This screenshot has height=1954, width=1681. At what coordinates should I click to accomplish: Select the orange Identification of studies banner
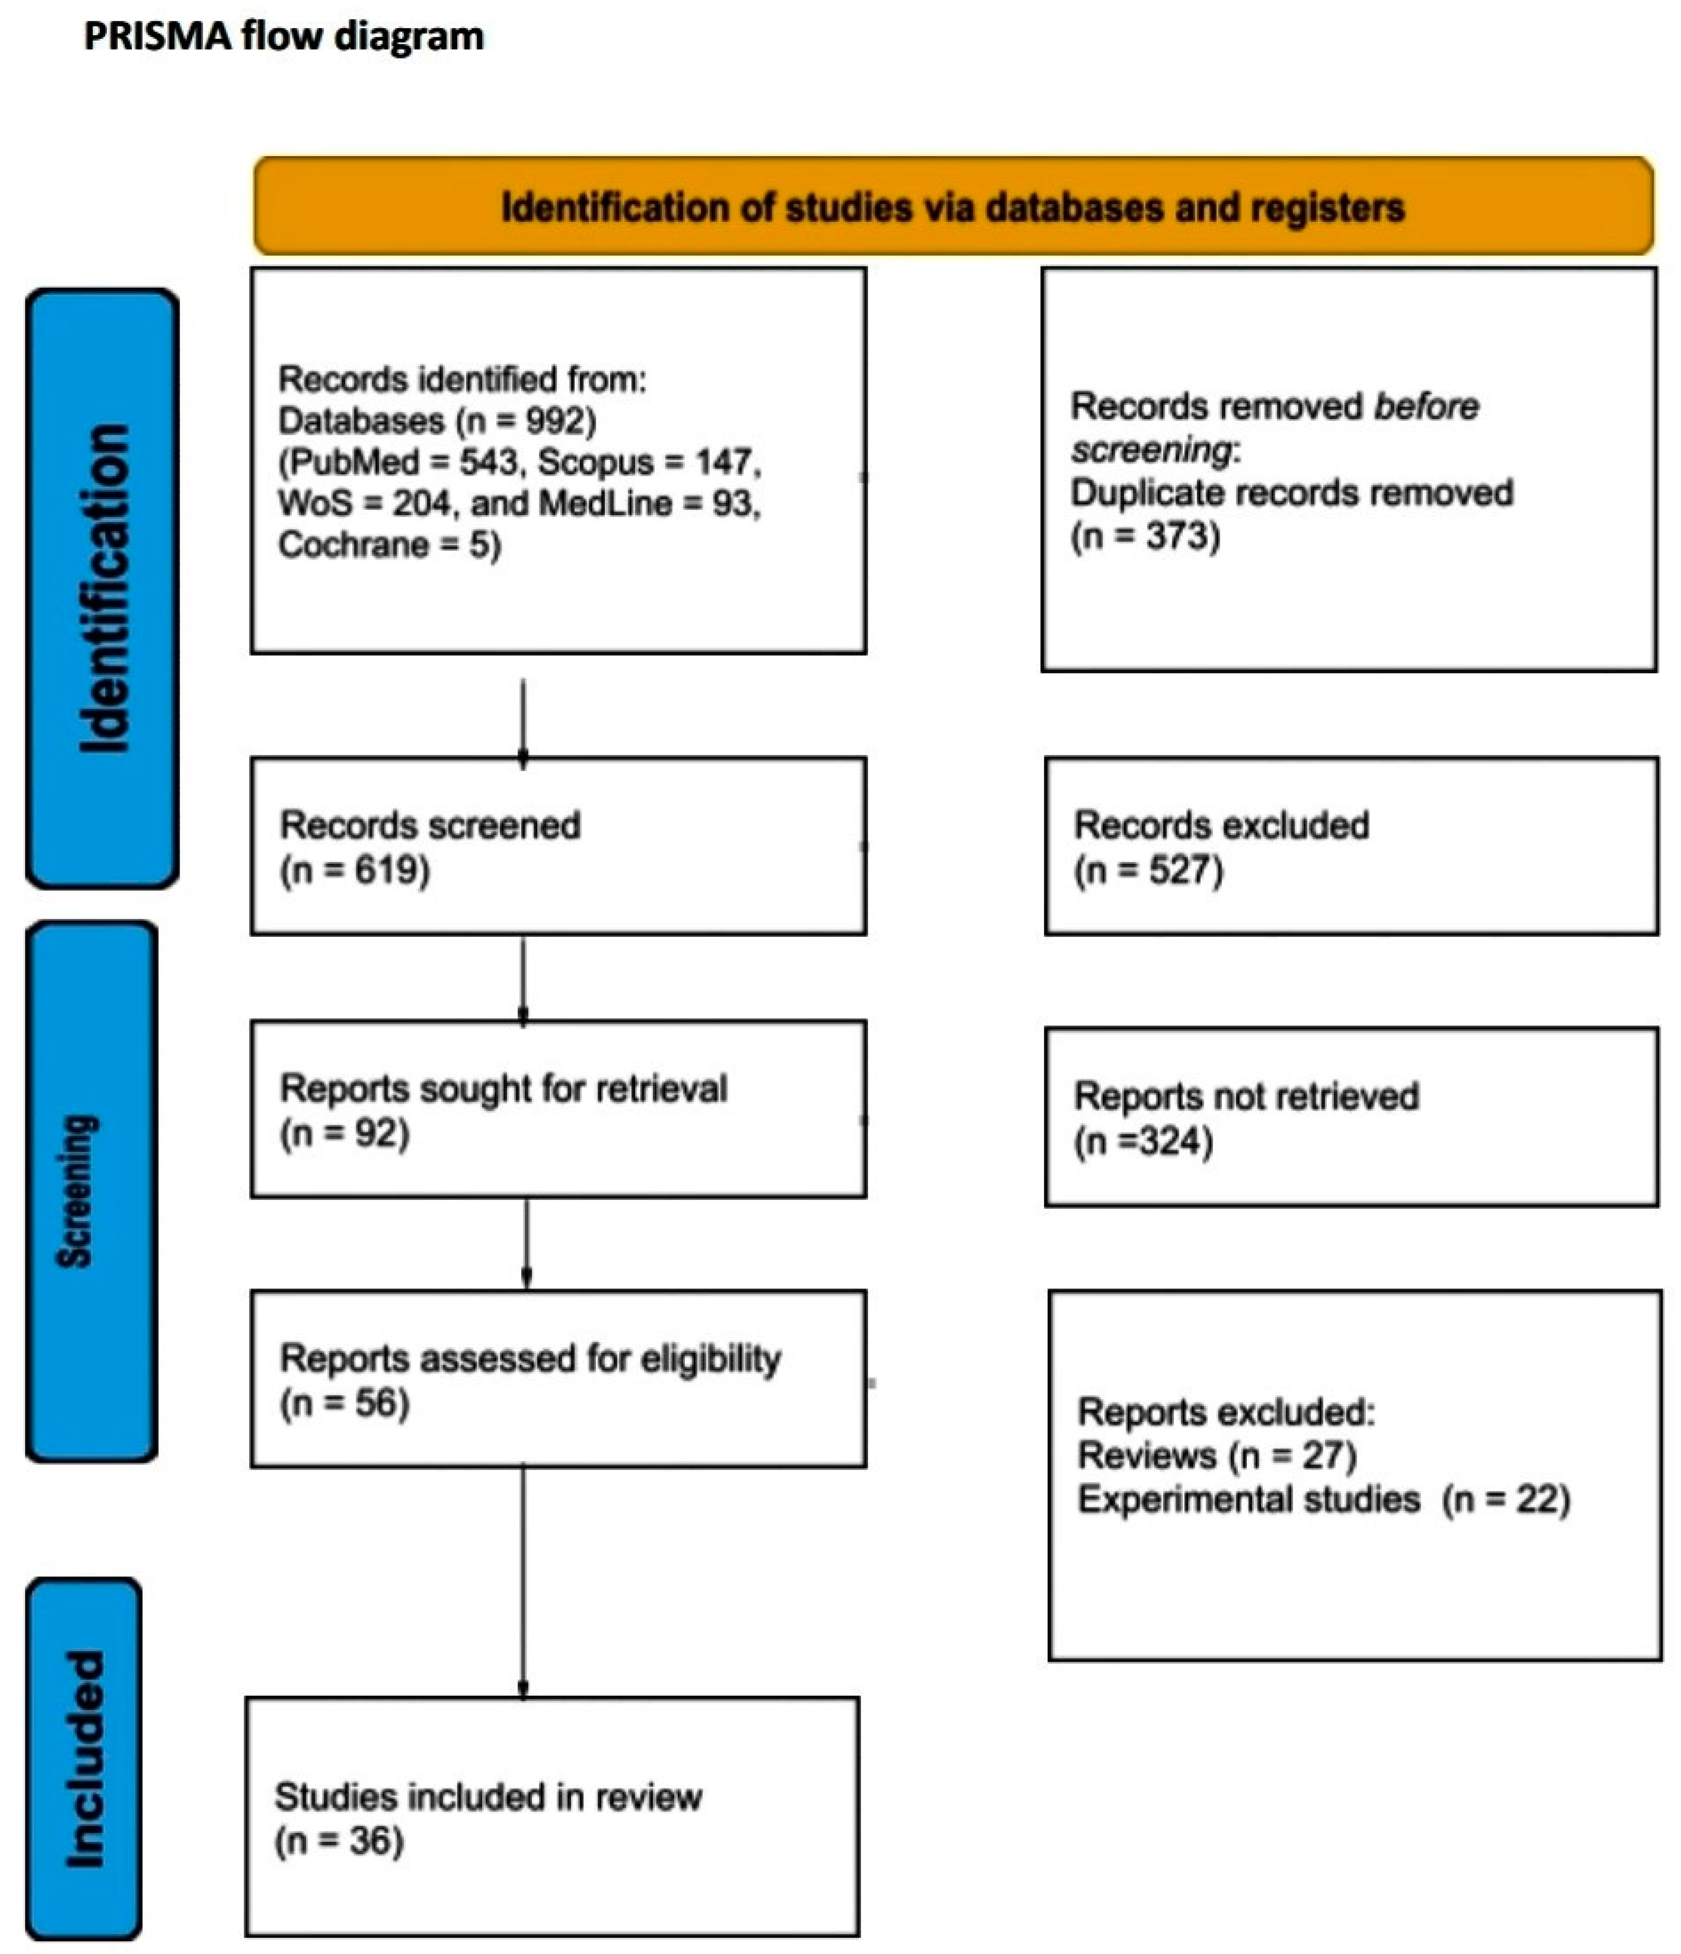(x=953, y=207)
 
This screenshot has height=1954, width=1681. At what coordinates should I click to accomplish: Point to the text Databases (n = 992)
(x=437, y=421)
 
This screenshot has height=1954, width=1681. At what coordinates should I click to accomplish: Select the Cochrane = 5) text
(x=389, y=545)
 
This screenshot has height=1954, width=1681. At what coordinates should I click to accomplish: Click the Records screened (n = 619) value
(x=355, y=870)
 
